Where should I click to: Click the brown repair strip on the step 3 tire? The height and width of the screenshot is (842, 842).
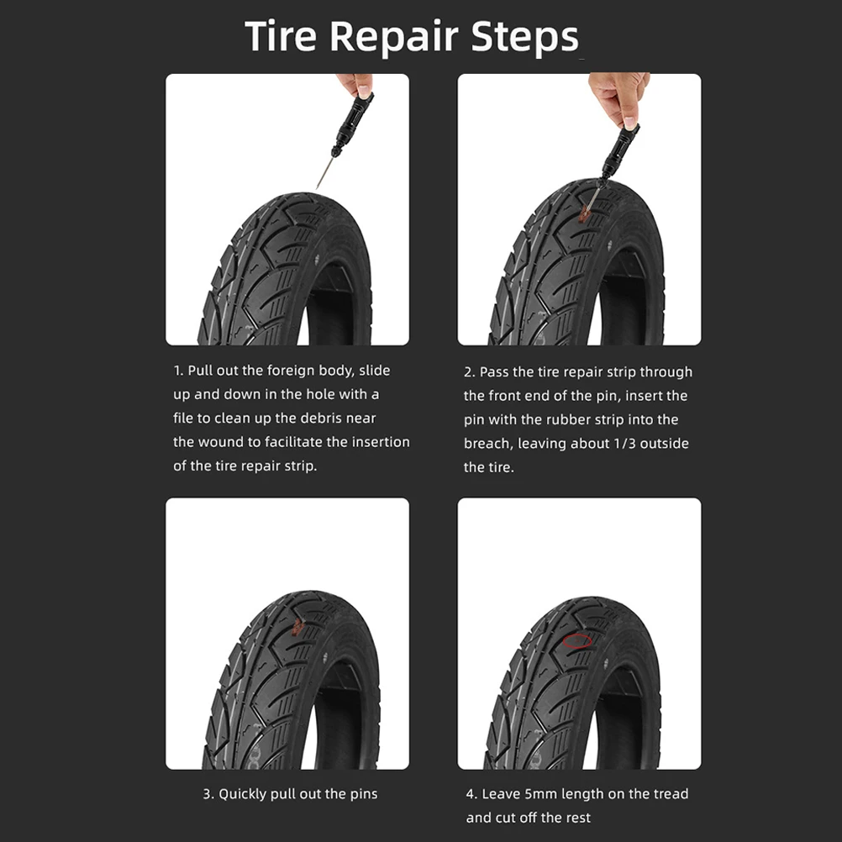(x=297, y=624)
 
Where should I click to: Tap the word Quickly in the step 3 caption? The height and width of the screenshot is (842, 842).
(x=246, y=793)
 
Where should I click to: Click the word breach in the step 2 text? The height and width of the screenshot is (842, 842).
(x=488, y=443)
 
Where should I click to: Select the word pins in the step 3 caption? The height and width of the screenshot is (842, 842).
(x=362, y=793)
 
